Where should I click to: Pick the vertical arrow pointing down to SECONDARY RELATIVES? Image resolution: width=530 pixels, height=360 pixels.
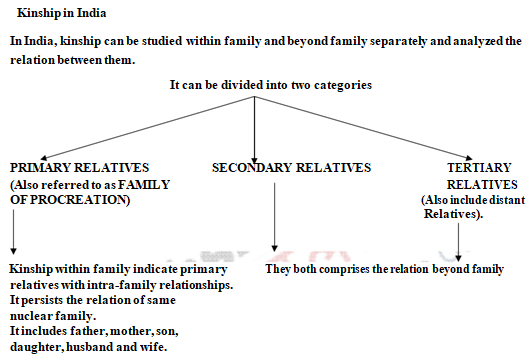255,125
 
